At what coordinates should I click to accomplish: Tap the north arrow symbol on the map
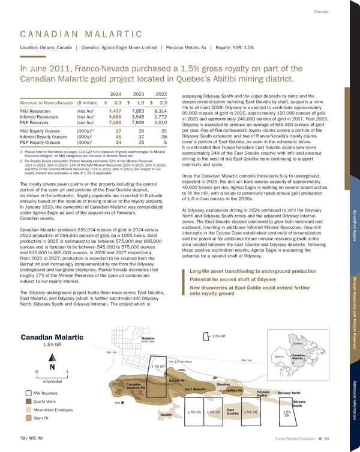click(53, 366)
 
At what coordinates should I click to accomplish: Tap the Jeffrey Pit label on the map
click(235, 390)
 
